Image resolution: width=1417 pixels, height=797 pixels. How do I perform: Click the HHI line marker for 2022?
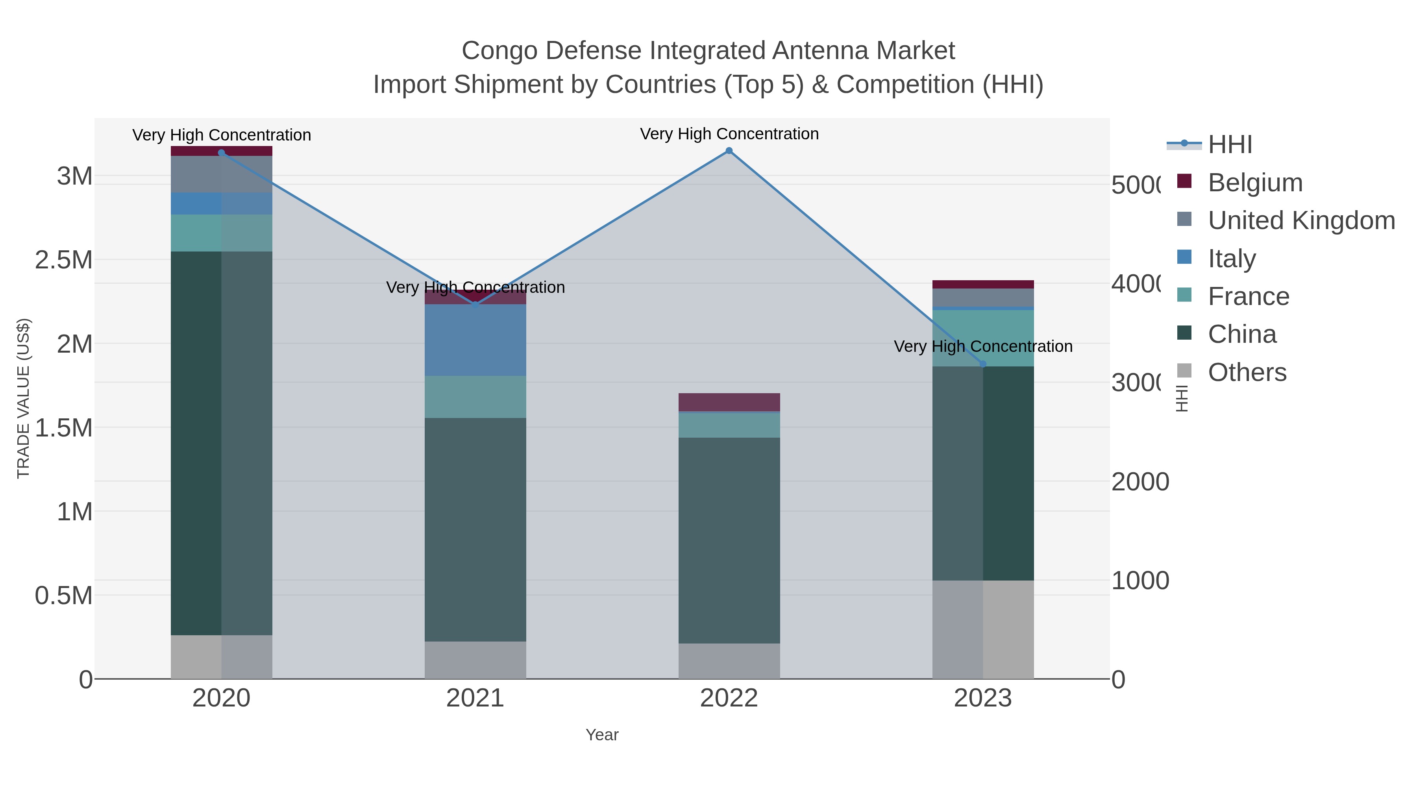click(729, 151)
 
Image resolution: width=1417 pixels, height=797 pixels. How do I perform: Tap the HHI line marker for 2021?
click(475, 303)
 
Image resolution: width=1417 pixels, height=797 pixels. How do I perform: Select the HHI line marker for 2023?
click(983, 364)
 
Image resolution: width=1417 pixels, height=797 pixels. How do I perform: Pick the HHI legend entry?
click(1230, 145)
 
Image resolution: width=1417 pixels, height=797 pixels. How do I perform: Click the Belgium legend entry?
click(1255, 183)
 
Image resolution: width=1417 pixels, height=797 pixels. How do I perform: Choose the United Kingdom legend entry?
click(1301, 220)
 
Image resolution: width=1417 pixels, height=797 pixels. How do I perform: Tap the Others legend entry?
click(1247, 372)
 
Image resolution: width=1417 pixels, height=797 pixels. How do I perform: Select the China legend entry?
click(1241, 335)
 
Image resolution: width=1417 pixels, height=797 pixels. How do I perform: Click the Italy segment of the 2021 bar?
click(475, 340)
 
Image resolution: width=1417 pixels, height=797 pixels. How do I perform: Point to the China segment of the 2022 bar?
click(729, 540)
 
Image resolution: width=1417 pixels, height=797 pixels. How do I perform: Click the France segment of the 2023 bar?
click(983, 338)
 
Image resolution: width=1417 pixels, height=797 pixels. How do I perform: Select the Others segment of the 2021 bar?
click(475, 660)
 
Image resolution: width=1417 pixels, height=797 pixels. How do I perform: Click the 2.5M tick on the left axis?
click(64, 260)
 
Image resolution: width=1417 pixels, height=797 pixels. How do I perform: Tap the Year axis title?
click(602, 735)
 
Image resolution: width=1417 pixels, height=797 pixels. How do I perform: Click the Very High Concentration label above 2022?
click(729, 134)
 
